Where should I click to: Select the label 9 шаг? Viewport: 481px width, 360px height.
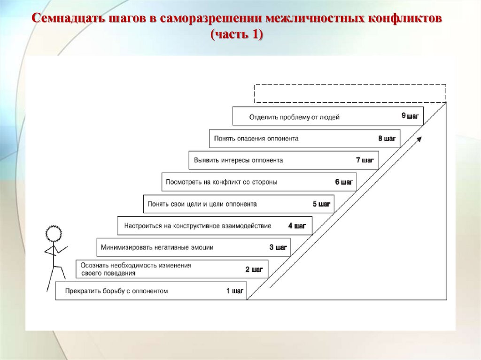point(410,115)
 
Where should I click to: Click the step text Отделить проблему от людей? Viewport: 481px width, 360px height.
point(294,117)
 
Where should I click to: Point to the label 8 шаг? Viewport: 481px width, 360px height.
point(387,138)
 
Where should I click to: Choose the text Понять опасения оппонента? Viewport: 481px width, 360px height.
point(256,138)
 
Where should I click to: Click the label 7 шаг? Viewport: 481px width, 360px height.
point(365,160)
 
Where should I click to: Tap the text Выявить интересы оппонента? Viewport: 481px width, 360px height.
point(238,160)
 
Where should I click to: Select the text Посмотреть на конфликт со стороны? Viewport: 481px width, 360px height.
point(221,182)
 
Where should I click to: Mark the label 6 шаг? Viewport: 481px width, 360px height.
point(343,182)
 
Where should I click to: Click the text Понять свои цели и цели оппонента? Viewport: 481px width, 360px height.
point(202,204)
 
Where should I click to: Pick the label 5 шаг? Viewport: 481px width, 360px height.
point(321,204)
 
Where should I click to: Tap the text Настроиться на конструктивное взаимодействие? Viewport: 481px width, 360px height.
point(197,226)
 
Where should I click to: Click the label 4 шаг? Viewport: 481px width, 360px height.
point(297,226)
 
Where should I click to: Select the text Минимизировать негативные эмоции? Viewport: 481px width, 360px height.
point(157,247)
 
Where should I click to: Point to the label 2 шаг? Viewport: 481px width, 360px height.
point(254,269)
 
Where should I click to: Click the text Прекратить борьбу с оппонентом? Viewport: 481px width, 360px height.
point(116,291)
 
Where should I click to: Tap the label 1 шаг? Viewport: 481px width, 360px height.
point(235,291)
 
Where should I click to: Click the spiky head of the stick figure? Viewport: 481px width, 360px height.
point(54,234)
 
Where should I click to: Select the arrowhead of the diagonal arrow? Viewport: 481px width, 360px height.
point(419,138)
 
